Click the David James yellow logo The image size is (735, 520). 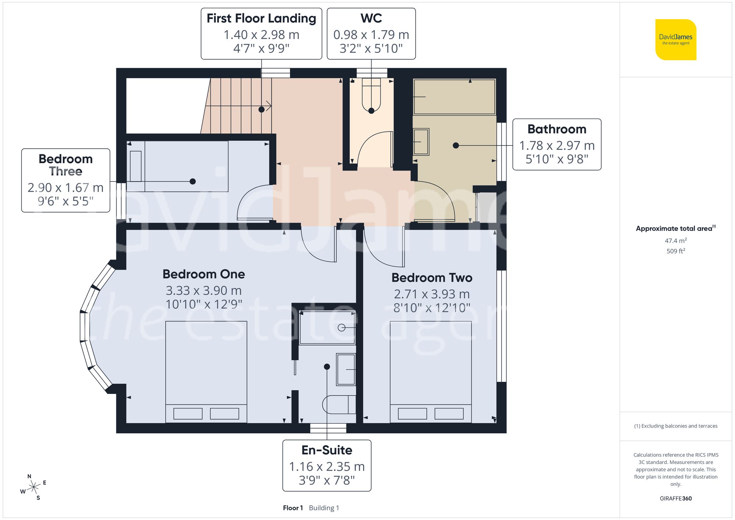[675, 40]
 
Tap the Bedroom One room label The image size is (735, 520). [204, 274]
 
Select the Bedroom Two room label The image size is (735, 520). [431, 278]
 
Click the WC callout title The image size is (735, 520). [371, 18]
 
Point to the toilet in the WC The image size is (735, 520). [371, 96]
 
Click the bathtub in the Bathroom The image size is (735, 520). [454, 97]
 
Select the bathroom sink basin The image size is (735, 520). [421, 142]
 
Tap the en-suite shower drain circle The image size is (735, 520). [341, 327]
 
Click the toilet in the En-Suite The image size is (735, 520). [338, 404]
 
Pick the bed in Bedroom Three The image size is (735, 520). [177, 166]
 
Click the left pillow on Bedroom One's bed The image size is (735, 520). [188, 414]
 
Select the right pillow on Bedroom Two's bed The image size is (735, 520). [449, 414]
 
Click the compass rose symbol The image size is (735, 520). [33, 487]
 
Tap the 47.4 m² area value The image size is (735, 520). [675, 241]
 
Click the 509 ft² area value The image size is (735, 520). [675, 251]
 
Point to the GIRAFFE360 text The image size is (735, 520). [675, 499]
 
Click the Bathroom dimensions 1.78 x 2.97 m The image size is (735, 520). [556, 146]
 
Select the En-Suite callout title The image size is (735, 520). [327, 450]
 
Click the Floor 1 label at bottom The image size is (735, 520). [293, 508]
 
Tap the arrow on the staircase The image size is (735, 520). [269, 106]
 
